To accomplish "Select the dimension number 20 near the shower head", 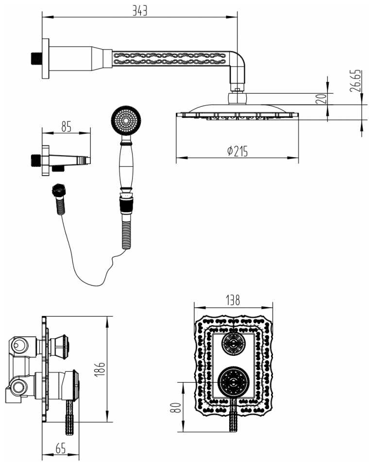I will pyautogui.click(x=320, y=98).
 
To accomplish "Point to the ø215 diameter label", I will pyautogui.click(x=237, y=151).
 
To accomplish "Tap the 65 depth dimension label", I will pyautogui.click(x=60, y=449).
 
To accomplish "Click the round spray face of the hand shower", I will pyautogui.click(x=126, y=120).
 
